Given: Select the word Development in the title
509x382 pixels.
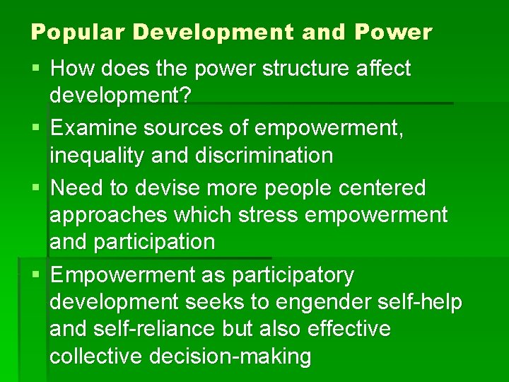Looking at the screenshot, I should [x=212, y=32].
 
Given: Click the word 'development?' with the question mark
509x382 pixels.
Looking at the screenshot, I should [x=120, y=95].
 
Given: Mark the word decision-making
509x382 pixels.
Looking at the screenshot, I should [x=230, y=356].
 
